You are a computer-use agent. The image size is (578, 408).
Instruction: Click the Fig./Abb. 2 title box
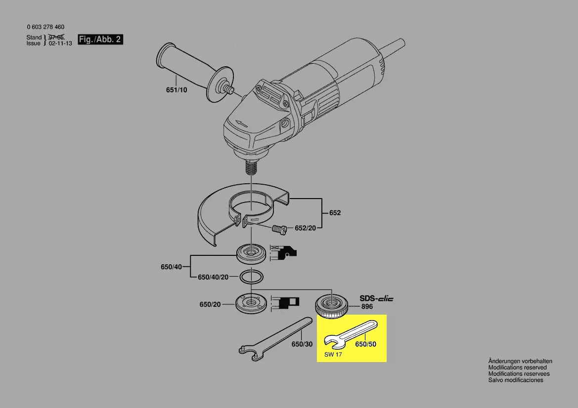(x=100, y=40)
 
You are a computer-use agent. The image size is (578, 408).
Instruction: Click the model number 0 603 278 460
(x=45, y=27)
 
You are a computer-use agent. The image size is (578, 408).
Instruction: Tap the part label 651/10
(x=177, y=90)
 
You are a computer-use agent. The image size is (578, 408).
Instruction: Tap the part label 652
(x=335, y=213)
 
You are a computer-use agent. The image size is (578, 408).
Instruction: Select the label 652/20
(x=305, y=228)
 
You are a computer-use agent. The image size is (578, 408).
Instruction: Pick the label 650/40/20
(x=213, y=277)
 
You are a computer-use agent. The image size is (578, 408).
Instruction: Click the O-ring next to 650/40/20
(x=251, y=277)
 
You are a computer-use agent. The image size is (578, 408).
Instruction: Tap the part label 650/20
(x=210, y=305)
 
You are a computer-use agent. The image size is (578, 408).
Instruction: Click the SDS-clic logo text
(x=377, y=298)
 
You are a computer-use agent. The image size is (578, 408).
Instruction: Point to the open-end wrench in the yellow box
(x=350, y=334)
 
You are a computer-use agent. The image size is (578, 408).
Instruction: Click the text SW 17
(x=333, y=355)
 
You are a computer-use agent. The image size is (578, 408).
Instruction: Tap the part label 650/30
(x=302, y=344)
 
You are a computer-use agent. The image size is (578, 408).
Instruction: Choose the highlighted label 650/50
(x=366, y=344)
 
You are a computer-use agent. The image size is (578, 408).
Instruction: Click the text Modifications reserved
(x=518, y=367)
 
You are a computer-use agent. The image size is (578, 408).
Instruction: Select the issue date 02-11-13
(x=60, y=43)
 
